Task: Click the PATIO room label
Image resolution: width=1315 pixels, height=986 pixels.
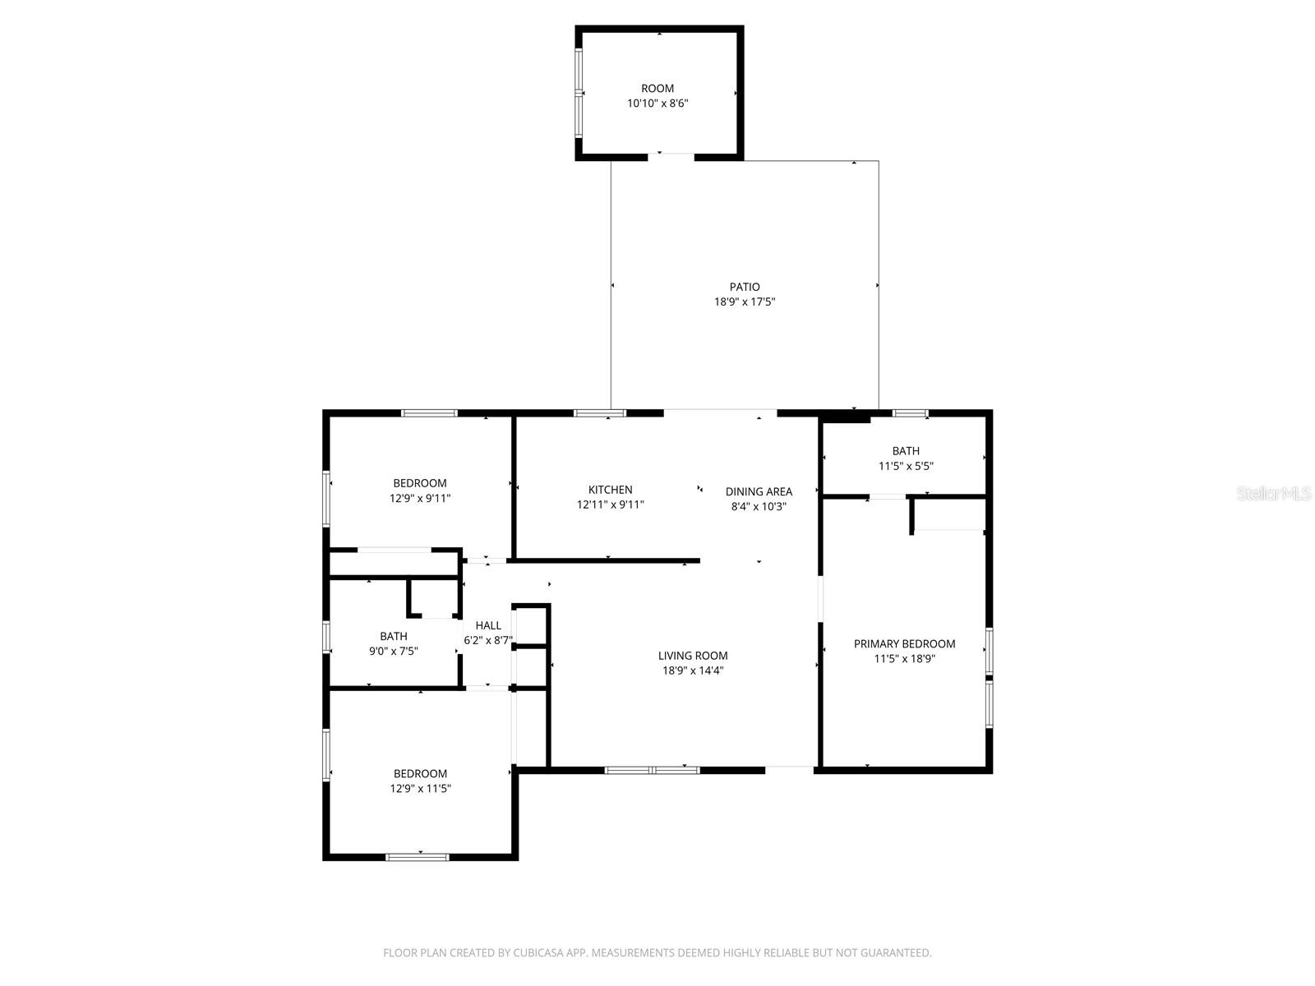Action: coord(745,287)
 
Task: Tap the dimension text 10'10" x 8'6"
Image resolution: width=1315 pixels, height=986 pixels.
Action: coord(657,104)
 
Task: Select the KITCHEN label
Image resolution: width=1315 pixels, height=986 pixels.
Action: coord(610,490)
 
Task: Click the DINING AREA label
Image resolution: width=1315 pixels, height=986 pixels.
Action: coord(759,491)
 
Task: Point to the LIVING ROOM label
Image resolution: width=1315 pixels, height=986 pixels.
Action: coord(693,656)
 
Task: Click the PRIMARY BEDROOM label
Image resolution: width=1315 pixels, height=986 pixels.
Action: coord(904,644)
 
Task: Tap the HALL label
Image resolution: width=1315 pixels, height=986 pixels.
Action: coord(488,625)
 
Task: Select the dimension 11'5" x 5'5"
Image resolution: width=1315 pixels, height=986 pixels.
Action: coord(906,466)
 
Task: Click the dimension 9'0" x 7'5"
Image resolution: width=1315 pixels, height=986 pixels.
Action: coord(394,652)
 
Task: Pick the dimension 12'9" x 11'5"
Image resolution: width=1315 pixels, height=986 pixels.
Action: coord(420,789)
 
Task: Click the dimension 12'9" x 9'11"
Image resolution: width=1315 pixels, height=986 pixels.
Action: coord(420,498)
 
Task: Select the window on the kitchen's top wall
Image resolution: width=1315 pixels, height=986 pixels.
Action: coord(600,413)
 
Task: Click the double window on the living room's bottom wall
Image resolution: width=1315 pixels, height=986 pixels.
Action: coord(653,770)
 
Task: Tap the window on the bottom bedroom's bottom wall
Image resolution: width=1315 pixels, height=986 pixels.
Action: coord(418,857)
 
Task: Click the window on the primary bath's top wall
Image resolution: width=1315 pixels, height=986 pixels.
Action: coord(911,413)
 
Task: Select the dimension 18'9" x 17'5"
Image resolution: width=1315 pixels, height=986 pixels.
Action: coord(745,302)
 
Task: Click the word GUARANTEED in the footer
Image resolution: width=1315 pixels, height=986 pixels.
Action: coord(895,953)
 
